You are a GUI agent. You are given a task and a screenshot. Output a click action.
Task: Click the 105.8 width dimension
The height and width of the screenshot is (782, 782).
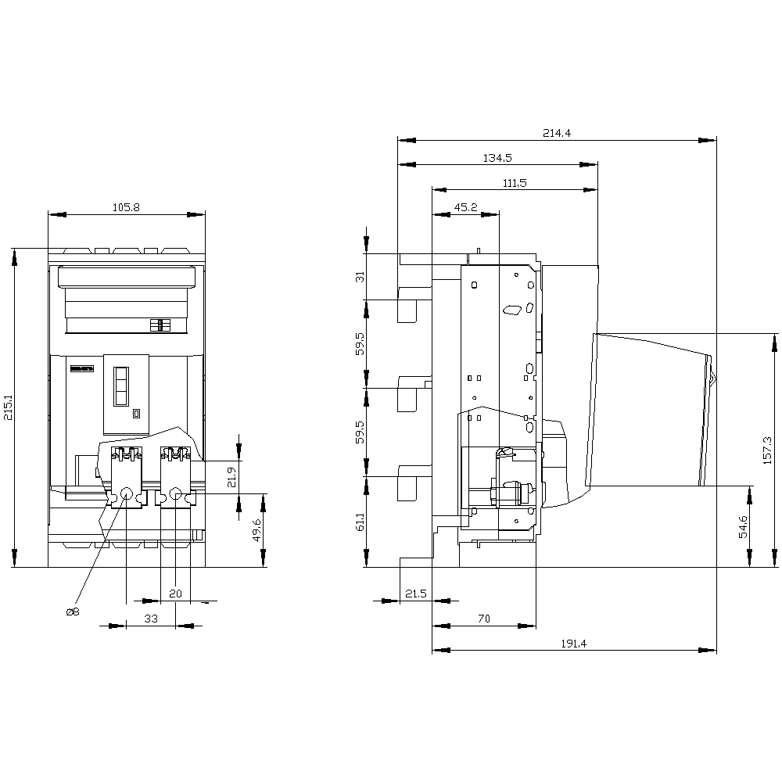[x=126, y=207]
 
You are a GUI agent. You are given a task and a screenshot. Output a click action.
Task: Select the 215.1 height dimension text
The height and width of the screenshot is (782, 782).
[x=9, y=408]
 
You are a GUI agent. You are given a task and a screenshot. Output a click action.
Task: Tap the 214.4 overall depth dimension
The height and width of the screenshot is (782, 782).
[x=557, y=133]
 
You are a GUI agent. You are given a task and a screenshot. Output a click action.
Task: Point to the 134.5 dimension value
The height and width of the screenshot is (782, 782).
[x=497, y=158]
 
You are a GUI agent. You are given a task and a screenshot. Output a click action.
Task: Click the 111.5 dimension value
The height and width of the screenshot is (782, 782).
[x=515, y=183]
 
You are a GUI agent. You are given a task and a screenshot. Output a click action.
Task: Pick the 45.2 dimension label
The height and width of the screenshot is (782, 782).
[x=466, y=207]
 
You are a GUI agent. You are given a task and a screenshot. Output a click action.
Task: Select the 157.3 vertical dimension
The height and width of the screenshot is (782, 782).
[x=767, y=450]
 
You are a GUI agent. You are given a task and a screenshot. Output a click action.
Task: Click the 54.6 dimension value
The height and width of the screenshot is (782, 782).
[x=743, y=526]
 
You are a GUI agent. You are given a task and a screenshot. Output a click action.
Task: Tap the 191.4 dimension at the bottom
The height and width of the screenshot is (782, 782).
[x=573, y=644]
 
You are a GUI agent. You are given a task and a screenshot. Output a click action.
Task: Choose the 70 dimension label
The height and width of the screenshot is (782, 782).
[x=484, y=619]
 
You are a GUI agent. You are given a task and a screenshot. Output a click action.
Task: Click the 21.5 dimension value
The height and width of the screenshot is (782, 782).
[x=415, y=594]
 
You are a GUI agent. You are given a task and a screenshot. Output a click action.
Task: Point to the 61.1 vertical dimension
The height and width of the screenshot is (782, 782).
[x=360, y=522]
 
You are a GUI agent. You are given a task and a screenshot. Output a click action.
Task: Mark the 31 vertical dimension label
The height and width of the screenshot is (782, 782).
[x=360, y=277]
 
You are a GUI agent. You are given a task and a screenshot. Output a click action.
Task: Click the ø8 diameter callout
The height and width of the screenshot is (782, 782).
[x=73, y=612]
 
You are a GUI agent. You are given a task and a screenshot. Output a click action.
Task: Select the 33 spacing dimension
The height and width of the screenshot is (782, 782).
[x=151, y=619]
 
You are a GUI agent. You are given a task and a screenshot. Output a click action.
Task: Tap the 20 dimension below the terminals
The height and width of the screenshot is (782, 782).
[x=175, y=594]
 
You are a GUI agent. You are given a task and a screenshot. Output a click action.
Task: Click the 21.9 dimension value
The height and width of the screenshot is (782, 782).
[x=231, y=477]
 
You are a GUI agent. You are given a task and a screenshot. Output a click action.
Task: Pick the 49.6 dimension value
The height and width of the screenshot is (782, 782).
[x=256, y=529]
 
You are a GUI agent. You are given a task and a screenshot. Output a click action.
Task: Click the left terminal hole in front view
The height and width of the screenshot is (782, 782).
[x=127, y=493]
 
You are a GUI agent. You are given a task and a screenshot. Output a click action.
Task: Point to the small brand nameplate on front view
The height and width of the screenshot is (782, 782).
[x=82, y=369]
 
